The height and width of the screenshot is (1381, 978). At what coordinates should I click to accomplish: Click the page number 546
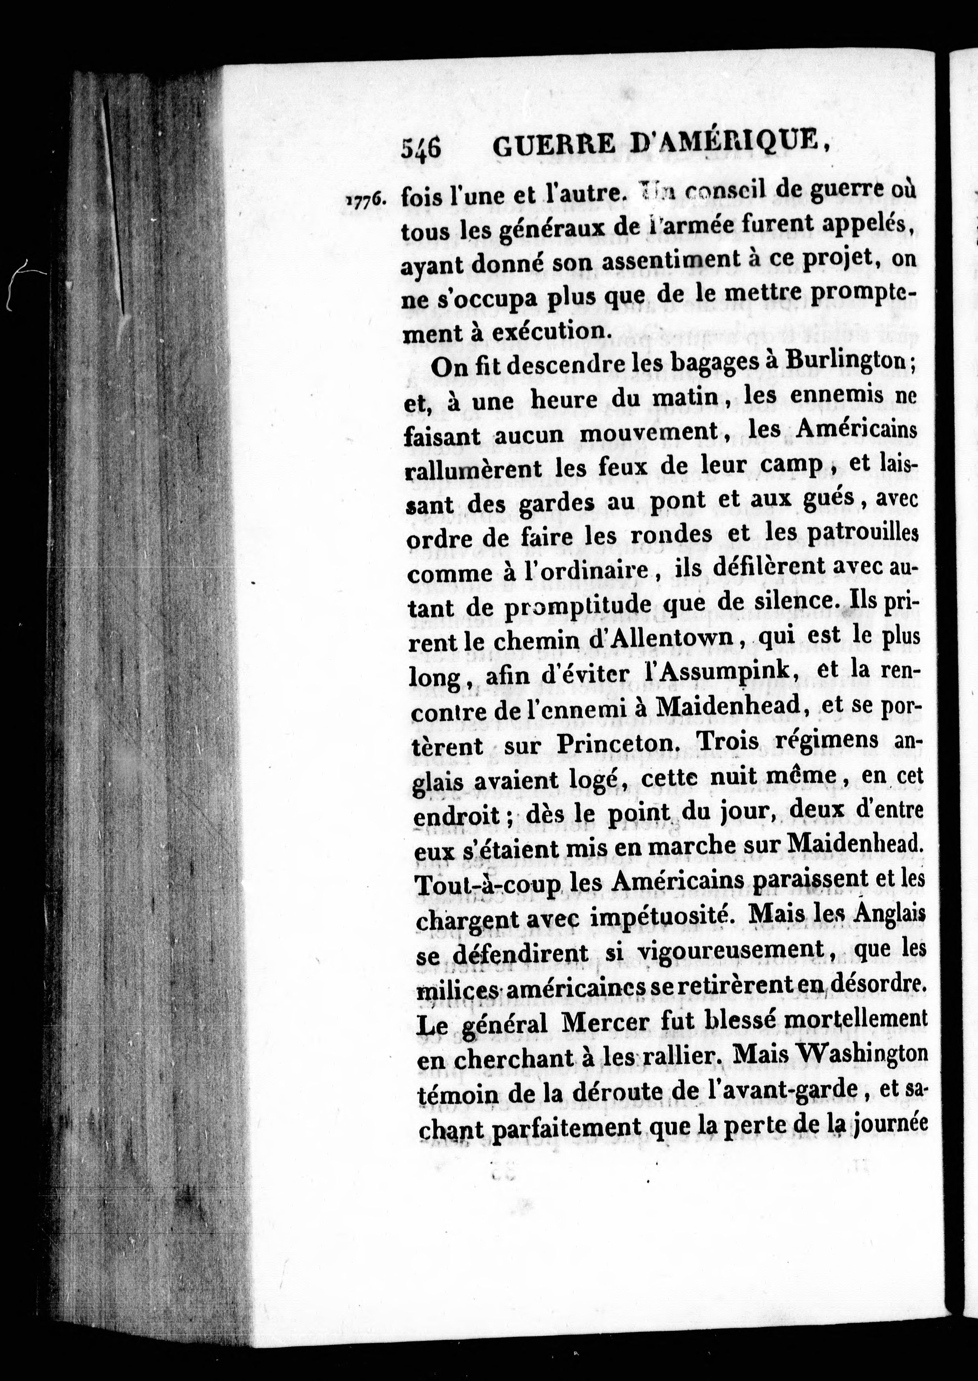(x=422, y=146)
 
